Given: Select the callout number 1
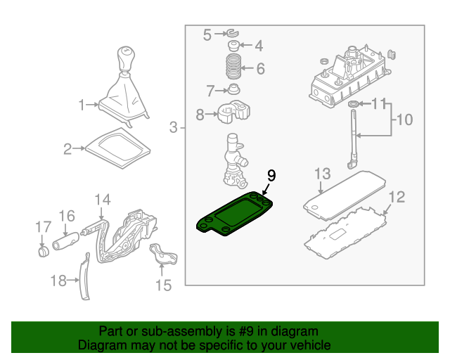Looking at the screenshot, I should tap(82, 105).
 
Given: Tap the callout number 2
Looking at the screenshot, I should tap(67, 148).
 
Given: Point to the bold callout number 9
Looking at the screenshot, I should tap(271, 176).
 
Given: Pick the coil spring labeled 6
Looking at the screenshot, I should tap(233, 70).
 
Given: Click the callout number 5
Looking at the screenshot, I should tap(207, 34).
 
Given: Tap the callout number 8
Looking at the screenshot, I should tap(200, 115).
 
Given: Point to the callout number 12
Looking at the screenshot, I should tap(397, 198).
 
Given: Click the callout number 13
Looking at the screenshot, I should tap(322, 173).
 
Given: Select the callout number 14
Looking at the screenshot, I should tap(103, 199).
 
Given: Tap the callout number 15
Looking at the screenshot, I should tap(163, 285).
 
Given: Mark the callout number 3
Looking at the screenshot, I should tap(173, 127).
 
